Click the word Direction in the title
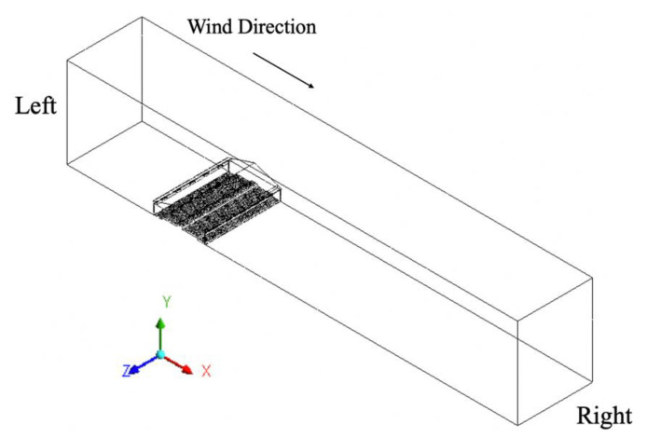click(x=279, y=25)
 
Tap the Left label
click(x=36, y=106)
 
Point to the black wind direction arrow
click(x=284, y=70)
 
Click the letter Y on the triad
click(x=164, y=302)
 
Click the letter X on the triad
click(x=206, y=371)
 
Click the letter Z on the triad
click(x=124, y=371)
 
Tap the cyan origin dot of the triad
click(x=160, y=354)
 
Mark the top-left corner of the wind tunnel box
click(x=67, y=59)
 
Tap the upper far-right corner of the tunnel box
click(x=593, y=277)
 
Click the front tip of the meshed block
click(x=207, y=240)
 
